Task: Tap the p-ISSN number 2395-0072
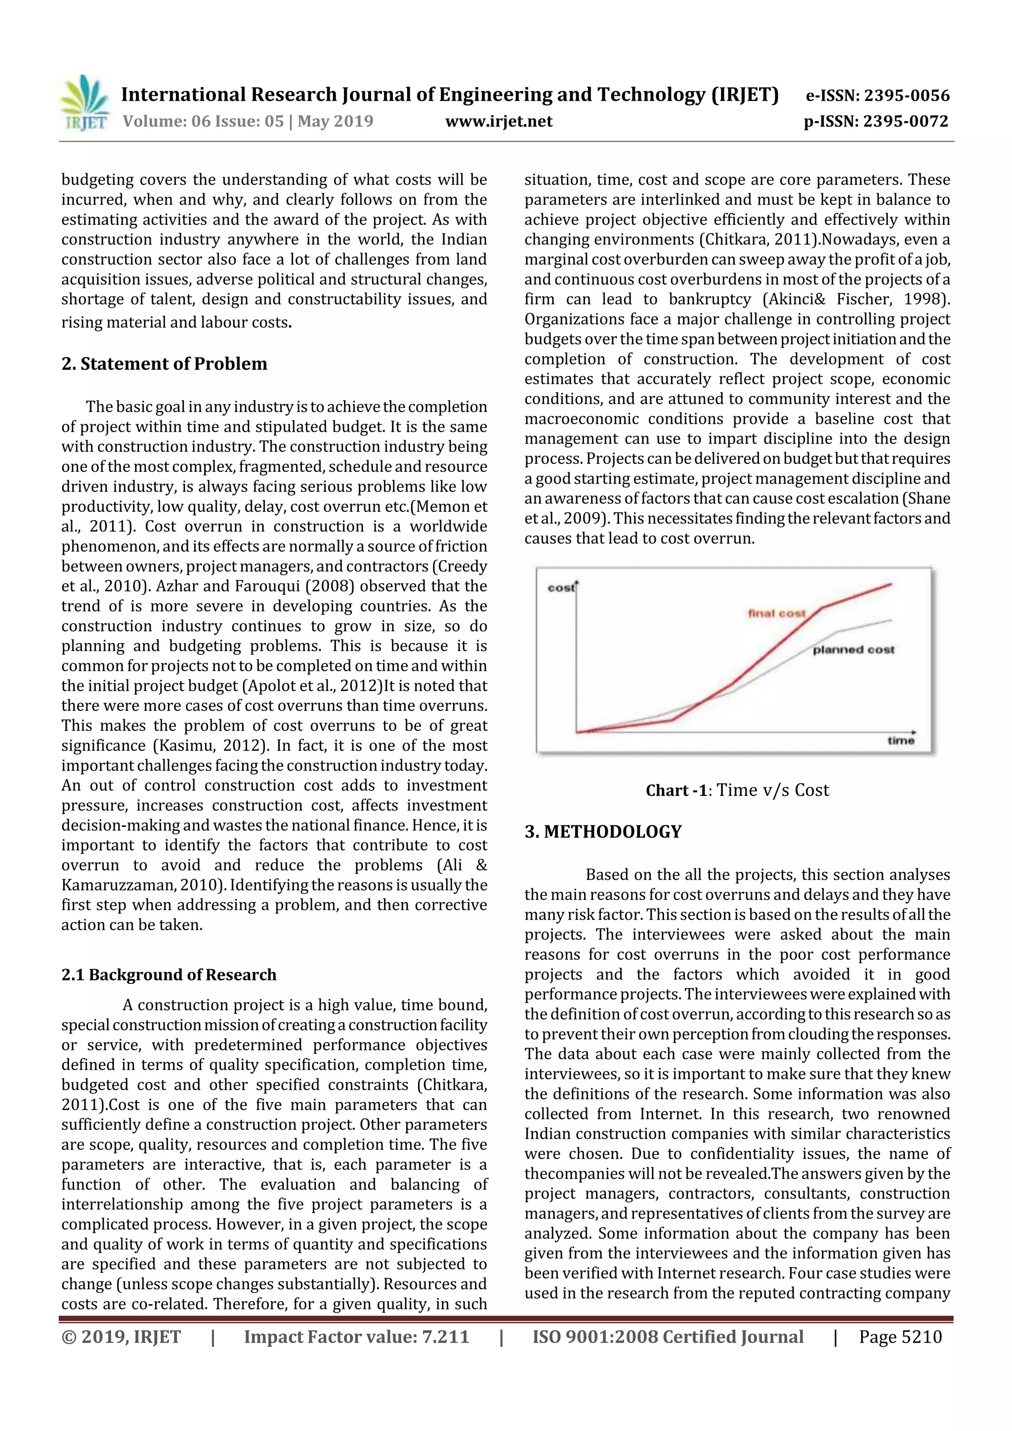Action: [x=905, y=122]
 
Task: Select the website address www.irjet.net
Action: [x=498, y=122]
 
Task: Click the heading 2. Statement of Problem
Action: [x=164, y=364]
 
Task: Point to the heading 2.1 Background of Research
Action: [x=169, y=975]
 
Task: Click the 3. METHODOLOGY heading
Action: [x=603, y=832]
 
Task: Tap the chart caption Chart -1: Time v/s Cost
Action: [x=737, y=790]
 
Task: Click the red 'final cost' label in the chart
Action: [x=776, y=613]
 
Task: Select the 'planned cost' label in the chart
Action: [x=853, y=650]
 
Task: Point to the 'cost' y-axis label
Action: [x=560, y=588]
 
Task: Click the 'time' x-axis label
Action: [x=900, y=740]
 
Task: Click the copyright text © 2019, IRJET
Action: [x=121, y=1336]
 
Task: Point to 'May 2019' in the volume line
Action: [x=335, y=122]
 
